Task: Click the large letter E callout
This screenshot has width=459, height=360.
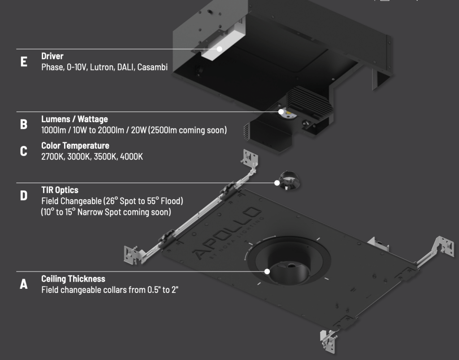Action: point(24,62)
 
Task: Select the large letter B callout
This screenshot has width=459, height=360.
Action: point(24,124)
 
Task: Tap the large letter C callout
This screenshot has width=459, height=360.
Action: point(24,151)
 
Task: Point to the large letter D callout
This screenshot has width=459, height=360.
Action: point(24,195)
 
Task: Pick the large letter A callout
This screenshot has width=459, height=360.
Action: point(24,284)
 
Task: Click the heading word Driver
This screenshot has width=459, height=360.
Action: point(52,56)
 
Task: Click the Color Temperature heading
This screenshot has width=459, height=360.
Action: point(75,146)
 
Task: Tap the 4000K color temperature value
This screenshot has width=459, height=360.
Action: point(131,157)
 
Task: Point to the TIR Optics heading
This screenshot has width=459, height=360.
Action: point(60,190)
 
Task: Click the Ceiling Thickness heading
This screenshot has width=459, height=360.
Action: point(73,279)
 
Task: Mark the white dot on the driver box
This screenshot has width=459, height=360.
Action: point(219,49)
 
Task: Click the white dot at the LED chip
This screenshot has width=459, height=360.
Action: point(281,111)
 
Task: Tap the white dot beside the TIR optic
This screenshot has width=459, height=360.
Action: point(277,183)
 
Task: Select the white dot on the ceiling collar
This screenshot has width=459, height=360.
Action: point(267,271)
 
